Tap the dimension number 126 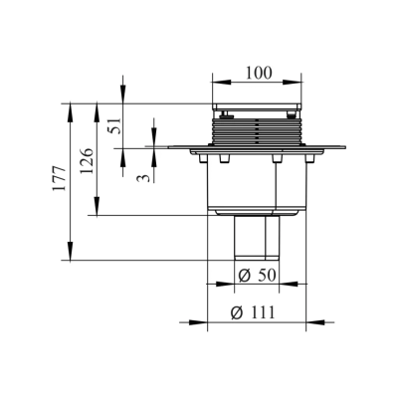pos(87,158)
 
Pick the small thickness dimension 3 pos(142,177)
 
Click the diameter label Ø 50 pos(256,275)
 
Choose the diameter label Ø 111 pos(255,312)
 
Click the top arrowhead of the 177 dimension pos(71,105)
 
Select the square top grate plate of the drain pos(257,106)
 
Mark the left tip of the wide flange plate pos(170,150)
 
